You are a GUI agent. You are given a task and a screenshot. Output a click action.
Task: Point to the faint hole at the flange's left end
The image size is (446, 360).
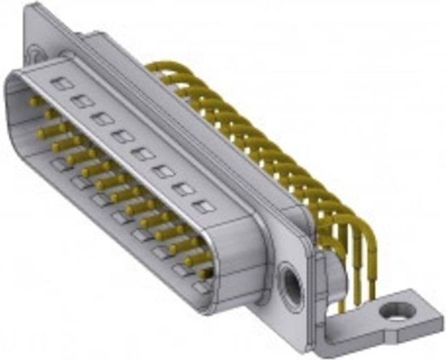click(x=33, y=55)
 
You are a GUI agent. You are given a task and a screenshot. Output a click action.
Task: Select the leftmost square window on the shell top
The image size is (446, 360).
click(x=59, y=83)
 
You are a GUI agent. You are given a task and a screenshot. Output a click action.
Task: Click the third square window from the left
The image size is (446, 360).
click(x=101, y=118)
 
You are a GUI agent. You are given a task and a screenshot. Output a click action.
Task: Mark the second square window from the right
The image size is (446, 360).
click(x=184, y=189)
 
